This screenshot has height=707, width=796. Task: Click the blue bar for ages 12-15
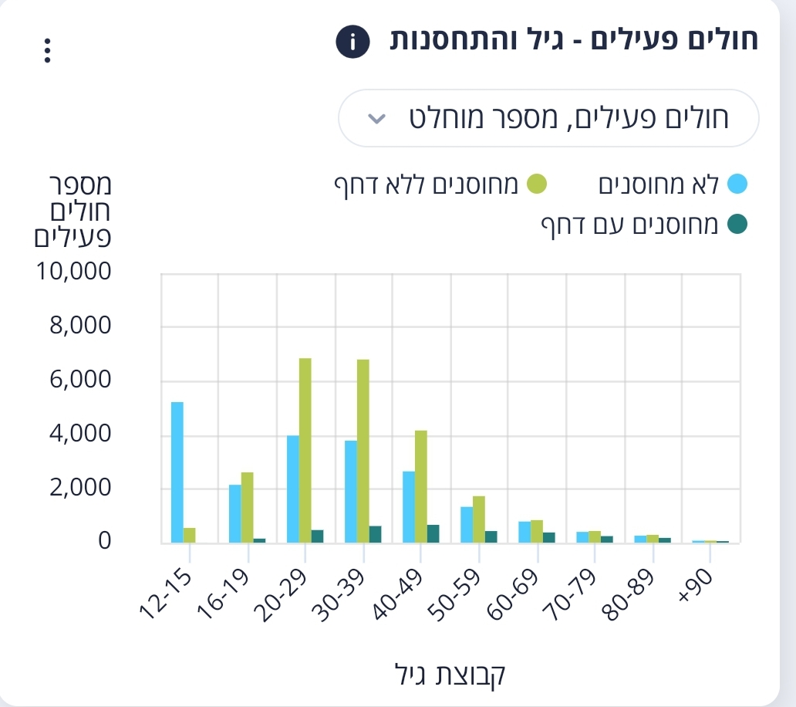[x=177, y=472]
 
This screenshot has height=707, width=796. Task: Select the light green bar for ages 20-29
[x=305, y=451]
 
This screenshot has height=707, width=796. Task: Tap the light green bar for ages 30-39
[x=363, y=451]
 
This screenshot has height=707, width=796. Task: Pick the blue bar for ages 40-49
[x=409, y=507]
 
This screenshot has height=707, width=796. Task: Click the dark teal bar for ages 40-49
[x=433, y=534]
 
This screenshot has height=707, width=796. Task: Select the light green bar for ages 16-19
[x=248, y=507]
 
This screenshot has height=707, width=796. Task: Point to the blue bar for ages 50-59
[x=467, y=525]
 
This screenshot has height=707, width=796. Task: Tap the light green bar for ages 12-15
[x=189, y=536]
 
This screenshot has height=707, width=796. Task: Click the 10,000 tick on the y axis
[x=73, y=271]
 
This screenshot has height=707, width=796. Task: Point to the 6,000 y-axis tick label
[x=80, y=380]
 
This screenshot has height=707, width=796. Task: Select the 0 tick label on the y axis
[x=105, y=541]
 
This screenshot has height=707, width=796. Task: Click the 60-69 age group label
[x=513, y=594]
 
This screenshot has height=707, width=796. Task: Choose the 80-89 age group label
[x=628, y=594]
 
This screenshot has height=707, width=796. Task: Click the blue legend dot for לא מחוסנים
[x=737, y=184]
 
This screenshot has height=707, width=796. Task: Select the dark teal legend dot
[x=737, y=224]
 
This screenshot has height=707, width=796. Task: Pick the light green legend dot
[x=537, y=184]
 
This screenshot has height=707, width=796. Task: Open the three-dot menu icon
[x=47, y=51]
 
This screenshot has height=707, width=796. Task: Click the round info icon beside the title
[x=352, y=42]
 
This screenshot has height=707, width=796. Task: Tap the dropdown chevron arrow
[x=376, y=119]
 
